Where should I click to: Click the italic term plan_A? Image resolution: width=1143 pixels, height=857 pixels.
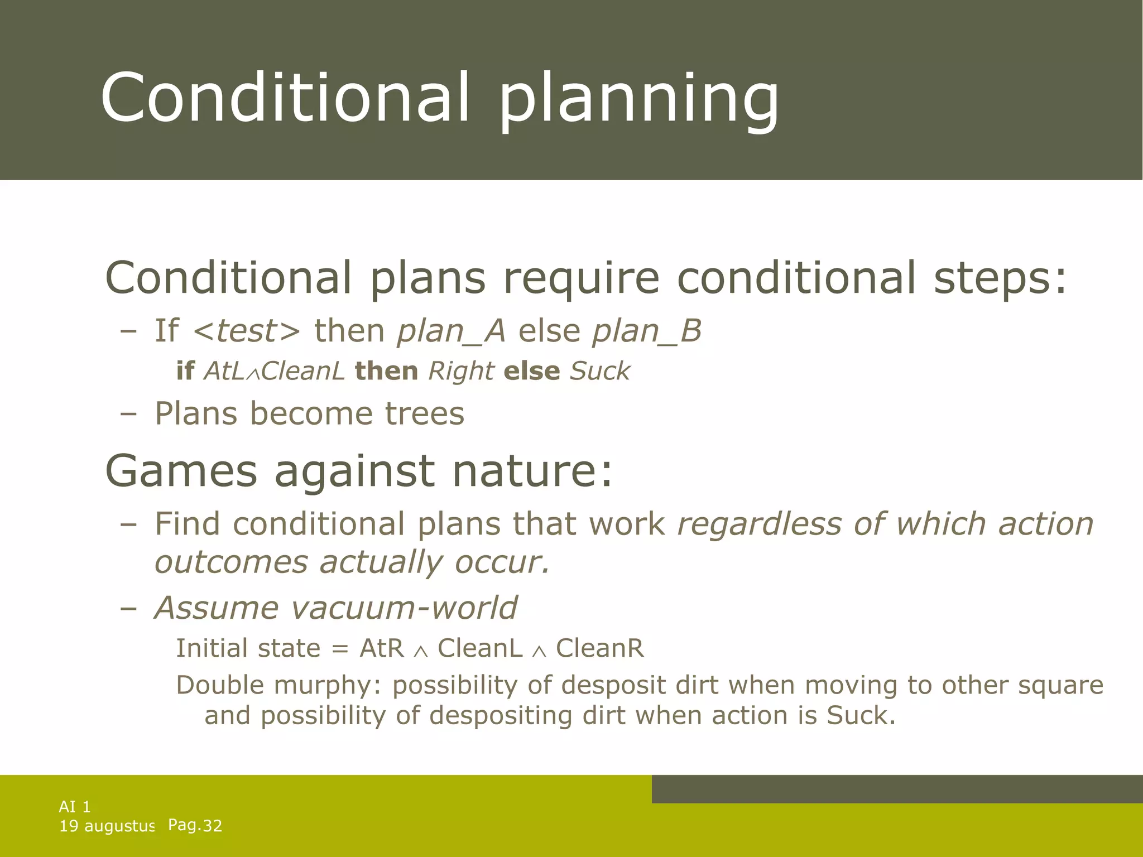(451, 331)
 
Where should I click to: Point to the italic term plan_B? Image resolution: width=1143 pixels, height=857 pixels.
(646, 331)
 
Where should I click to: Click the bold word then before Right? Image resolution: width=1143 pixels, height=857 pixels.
(386, 371)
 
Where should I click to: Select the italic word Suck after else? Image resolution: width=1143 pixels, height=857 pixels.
(599, 371)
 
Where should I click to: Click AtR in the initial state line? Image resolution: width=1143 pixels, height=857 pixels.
(382, 648)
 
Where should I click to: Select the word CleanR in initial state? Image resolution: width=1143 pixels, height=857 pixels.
(600, 648)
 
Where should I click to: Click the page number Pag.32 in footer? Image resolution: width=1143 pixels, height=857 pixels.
(195, 825)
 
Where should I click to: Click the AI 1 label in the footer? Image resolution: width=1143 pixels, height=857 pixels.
(75, 806)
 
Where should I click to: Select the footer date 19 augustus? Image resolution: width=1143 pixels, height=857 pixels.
(107, 826)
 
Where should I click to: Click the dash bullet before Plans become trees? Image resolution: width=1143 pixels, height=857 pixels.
(128, 415)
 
